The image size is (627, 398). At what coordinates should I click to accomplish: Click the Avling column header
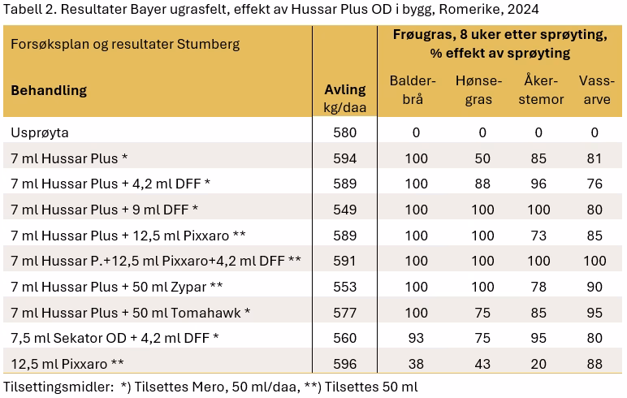point(344,98)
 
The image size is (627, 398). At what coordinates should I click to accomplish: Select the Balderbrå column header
point(413,90)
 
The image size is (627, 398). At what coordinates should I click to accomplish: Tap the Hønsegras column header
point(478,90)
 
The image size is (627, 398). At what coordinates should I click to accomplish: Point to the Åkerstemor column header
point(541,89)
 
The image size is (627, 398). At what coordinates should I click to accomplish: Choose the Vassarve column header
point(597,90)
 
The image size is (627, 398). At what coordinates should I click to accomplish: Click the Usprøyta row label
point(40,132)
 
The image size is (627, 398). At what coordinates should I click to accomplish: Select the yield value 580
point(344,132)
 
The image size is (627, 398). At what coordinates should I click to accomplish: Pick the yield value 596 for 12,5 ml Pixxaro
point(344,364)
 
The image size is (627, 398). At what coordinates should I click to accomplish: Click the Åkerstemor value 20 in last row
point(538,364)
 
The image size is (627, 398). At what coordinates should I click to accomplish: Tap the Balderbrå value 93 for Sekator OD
point(416,338)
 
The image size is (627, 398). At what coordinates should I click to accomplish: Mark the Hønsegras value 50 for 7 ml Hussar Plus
point(482,158)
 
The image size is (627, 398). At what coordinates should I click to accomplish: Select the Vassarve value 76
point(595,184)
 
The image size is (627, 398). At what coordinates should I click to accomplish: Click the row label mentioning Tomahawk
point(131,313)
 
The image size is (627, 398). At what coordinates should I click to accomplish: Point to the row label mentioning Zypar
point(117,287)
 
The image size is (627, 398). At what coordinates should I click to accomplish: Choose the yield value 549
point(344,210)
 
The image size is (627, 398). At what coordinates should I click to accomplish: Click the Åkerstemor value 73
point(538,236)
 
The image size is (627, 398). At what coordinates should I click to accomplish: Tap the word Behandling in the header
point(49,90)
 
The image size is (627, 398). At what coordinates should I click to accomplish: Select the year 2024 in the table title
point(523,9)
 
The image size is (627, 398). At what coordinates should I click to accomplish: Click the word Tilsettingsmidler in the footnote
point(58,387)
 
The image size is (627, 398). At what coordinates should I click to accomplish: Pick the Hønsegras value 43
point(482,364)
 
